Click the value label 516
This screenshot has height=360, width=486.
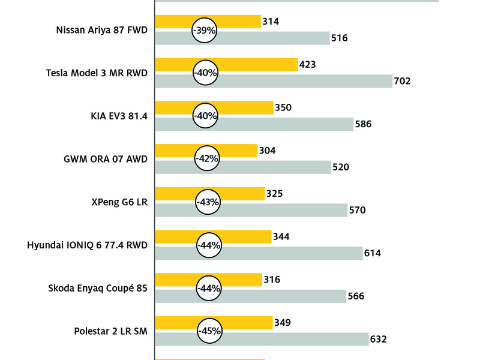click(x=340, y=38)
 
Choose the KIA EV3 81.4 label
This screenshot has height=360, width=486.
click(x=115, y=116)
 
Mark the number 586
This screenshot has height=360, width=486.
click(x=364, y=124)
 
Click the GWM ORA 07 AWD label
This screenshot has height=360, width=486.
click(x=106, y=159)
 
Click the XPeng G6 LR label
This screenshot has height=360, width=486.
click(x=116, y=202)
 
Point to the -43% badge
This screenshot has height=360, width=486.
click(x=208, y=202)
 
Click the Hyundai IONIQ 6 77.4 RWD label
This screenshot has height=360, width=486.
click(x=88, y=245)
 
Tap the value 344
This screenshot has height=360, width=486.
click(x=281, y=237)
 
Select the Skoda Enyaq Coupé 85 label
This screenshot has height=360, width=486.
click(x=98, y=288)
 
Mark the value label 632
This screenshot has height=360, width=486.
click(x=378, y=339)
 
